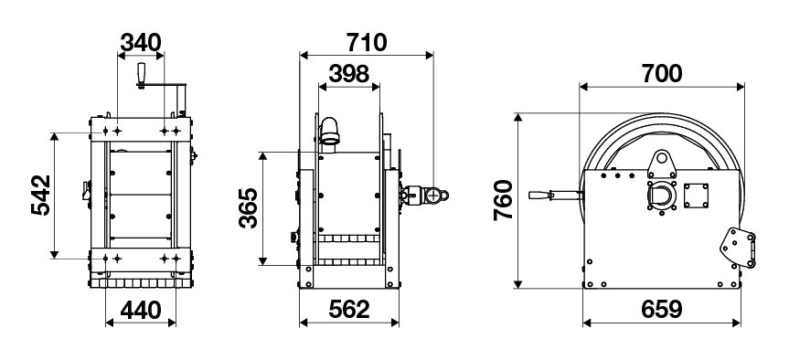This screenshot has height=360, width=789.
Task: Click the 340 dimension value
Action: [141, 42]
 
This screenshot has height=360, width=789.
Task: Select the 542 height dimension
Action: [41, 196]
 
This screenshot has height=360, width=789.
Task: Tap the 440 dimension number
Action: [141, 310]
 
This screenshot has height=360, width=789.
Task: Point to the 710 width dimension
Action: [367, 42]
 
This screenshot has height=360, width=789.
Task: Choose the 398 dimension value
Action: [348, 74]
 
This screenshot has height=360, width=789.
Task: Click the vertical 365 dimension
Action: [249, 207]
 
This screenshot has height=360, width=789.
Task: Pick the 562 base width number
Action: [349, 310]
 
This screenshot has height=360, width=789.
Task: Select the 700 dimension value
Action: [662, 74]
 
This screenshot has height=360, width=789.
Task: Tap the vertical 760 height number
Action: [503, 199]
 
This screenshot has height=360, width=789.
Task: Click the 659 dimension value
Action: [662, 310]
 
